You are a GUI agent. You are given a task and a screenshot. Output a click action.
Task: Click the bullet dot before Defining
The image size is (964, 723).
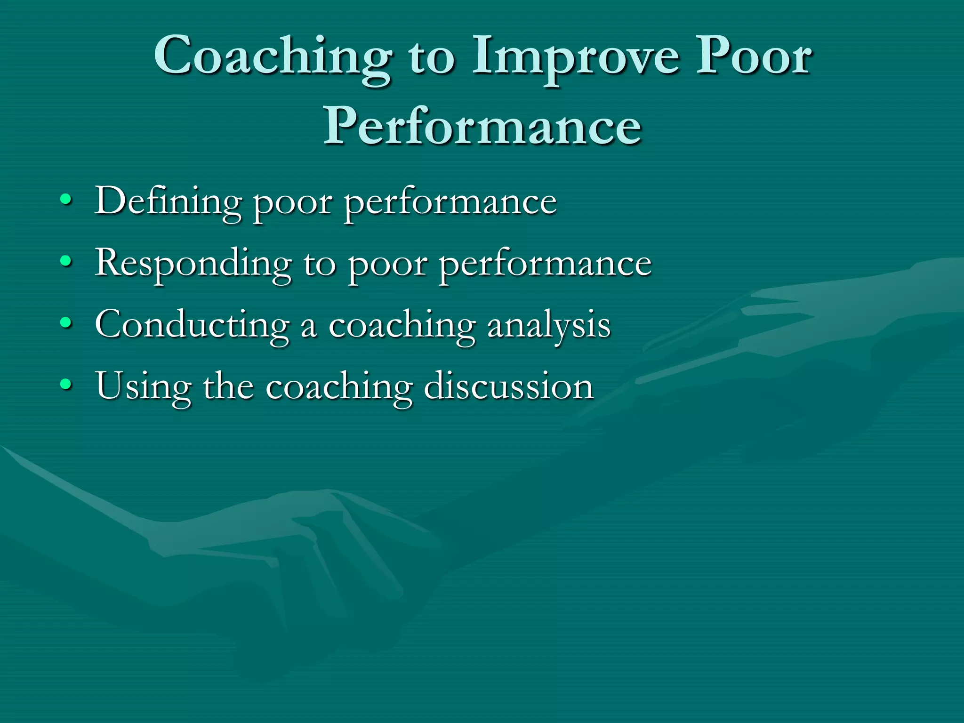(x=66, y=201)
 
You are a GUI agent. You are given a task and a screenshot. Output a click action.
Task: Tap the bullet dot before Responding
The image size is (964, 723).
(x=66, y=262)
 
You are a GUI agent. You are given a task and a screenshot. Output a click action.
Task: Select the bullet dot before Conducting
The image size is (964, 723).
(x=66, y=324)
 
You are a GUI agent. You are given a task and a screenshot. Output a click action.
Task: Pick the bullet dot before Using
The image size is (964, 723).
(x=66, y=386)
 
